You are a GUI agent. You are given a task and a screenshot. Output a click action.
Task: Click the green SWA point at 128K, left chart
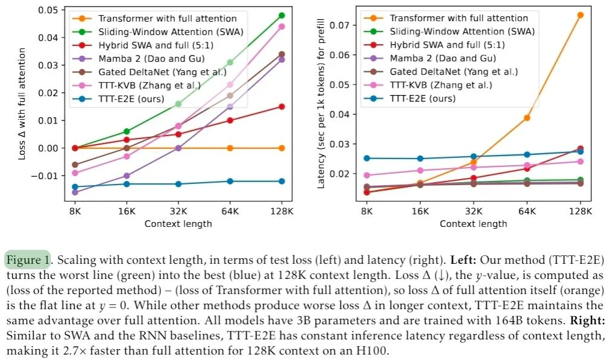click(x=282, y=15)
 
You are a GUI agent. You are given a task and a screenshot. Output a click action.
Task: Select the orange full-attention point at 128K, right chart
click(x=581, y=15)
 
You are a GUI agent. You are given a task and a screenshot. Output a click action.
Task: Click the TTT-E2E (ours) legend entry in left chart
click(x=121, y=98)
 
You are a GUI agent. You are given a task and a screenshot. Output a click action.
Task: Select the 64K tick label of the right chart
click(x=527, y=212)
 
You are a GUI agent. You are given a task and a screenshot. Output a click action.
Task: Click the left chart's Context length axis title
click(x=178, y=224)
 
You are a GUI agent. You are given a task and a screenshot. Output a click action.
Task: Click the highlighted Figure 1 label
click(x=28, y=261)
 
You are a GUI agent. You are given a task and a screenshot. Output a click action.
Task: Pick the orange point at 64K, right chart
click(x=527, y=118)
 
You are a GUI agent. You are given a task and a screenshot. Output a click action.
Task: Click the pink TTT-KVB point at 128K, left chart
click(x=282, y=27)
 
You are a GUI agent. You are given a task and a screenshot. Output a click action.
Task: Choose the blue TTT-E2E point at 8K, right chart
click(x=367, y=159)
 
